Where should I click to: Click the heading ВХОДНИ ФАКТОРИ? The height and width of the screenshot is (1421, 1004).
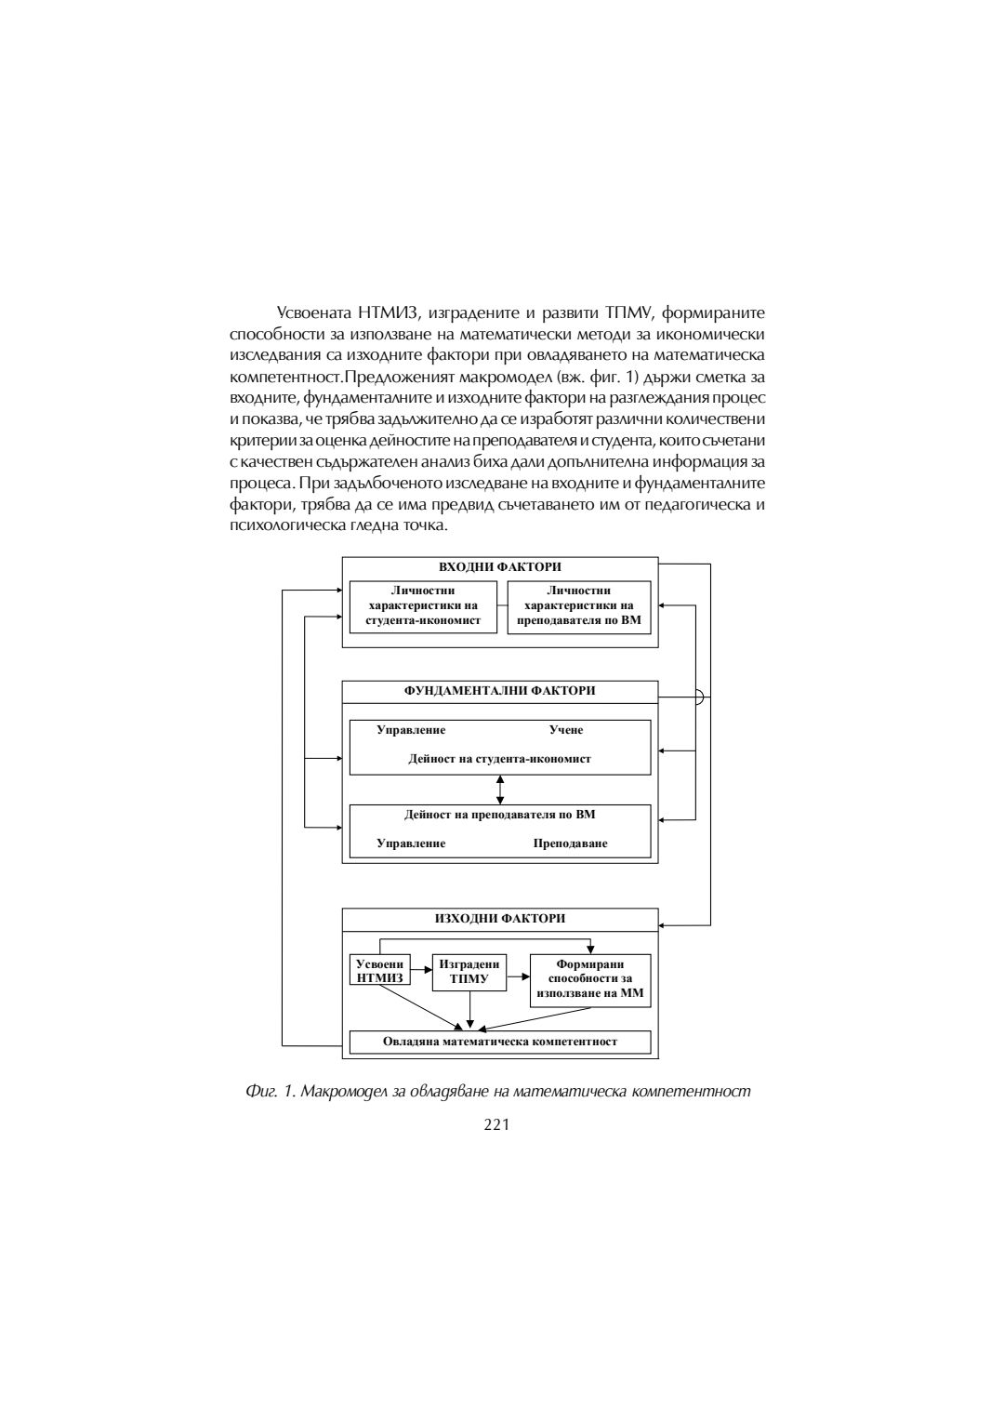499,567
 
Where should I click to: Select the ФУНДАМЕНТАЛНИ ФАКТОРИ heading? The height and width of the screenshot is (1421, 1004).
499,691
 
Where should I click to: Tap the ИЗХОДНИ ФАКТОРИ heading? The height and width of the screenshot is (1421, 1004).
499,919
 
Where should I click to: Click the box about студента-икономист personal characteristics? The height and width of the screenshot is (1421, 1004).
423,605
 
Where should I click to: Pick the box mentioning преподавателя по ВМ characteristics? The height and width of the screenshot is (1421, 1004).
578,605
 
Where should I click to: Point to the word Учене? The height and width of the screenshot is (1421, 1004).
566,730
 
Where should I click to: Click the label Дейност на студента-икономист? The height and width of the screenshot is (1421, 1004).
499,759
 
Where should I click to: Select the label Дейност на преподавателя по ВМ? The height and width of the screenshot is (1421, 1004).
499,815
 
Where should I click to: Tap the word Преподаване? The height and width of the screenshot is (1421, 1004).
570,843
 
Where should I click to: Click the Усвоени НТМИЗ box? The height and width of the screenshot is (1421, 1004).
380,971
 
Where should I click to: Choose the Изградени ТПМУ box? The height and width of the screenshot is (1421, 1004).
469,972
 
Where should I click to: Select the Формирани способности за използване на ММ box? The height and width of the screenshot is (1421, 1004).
590,979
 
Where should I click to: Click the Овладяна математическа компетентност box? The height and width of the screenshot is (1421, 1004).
499,1042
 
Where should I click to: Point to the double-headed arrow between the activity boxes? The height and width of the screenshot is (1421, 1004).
500,790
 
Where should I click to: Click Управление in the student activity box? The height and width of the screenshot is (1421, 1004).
411,730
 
